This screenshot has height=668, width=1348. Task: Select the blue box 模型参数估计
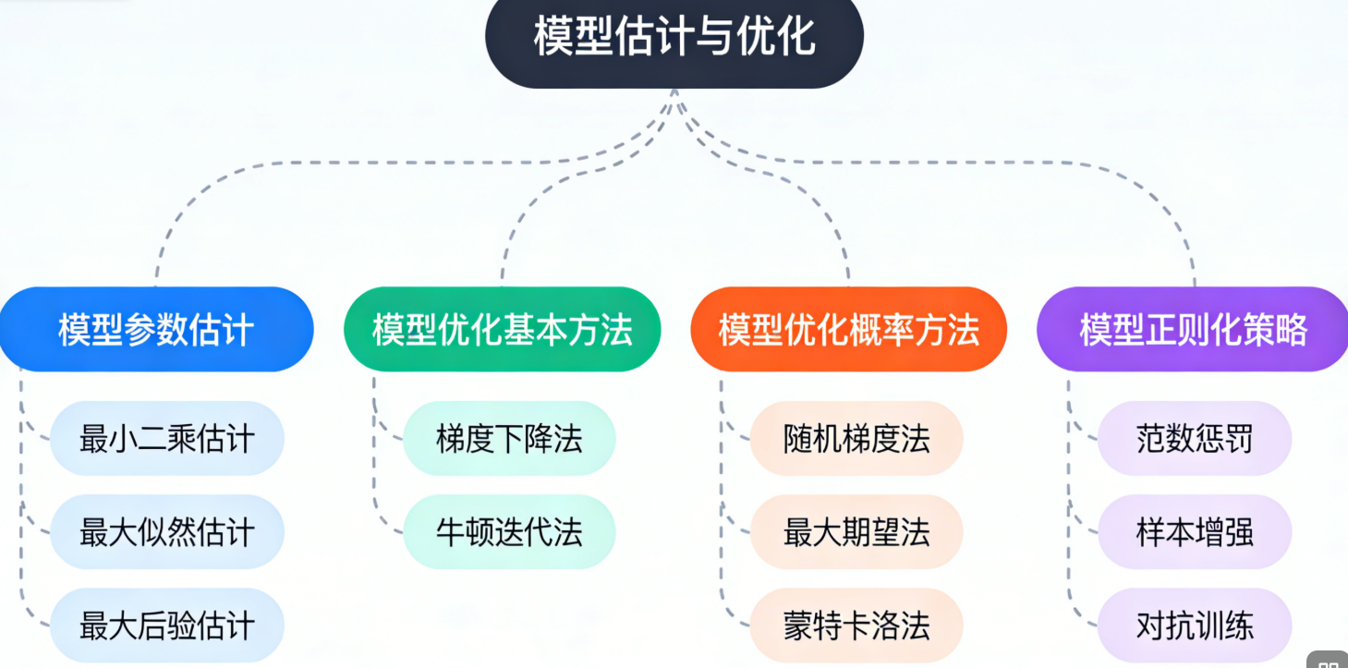pos(156,330)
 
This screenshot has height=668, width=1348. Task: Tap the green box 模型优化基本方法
pos(503,330)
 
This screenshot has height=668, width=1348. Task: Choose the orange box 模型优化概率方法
pos(848,330)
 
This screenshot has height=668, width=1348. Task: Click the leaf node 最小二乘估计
pos(167,439)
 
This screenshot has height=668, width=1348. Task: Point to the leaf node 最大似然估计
pos(167,532)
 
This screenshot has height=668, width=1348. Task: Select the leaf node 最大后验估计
pos(167,625)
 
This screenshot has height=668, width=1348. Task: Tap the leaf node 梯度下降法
pos(509,439)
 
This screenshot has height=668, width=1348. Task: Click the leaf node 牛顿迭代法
pos(509,532)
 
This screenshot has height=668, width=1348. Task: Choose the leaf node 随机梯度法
pos(856,439)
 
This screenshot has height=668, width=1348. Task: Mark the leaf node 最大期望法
pos(856,532)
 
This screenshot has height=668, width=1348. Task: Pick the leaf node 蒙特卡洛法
pos(856,625)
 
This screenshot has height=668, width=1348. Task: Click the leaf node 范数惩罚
pos(1195,439)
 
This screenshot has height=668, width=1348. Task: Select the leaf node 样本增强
pos(1195,532)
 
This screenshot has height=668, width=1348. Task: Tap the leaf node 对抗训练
pos(1195,625)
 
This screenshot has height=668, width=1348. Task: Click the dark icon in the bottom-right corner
pos(1328,660)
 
